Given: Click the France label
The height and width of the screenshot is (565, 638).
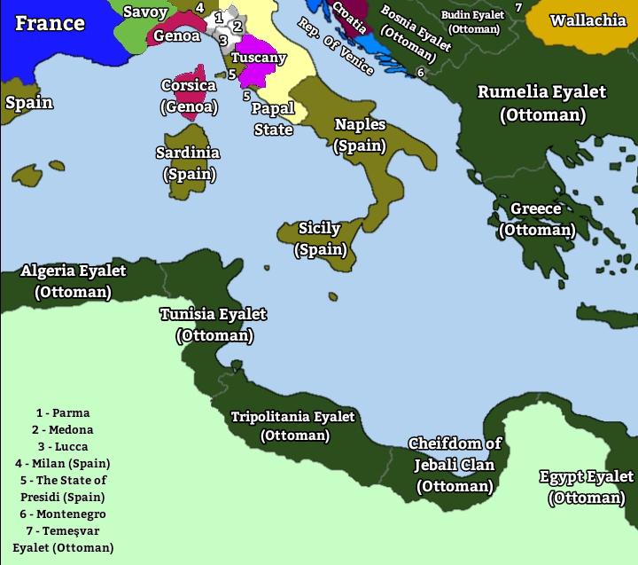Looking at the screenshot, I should click(50, 22).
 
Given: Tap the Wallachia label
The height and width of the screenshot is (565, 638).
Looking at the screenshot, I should click(587, 20).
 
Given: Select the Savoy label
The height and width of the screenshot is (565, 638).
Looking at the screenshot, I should click(145, 12).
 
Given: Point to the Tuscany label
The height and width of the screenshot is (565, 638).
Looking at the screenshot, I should click(259, 58).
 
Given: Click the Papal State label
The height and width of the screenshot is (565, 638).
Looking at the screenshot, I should click(273, 119).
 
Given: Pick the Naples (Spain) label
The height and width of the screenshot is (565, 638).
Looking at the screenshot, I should click(360, 135).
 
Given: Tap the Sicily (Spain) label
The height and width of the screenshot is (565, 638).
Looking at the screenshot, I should click(320, 239).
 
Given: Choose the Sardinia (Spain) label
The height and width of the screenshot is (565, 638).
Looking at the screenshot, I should click(188, 163).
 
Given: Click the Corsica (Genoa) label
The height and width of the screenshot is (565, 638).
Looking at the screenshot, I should click(189, 97).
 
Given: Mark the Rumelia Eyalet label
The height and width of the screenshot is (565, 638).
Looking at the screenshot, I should click(542, 103).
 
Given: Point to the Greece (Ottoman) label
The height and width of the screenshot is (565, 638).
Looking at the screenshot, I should click(536, 219).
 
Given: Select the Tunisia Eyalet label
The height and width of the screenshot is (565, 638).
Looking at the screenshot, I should click(214, 325).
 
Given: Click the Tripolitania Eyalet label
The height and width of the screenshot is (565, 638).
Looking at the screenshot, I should click(293, 426).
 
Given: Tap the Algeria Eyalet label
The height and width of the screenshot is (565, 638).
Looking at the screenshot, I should click(74, 281).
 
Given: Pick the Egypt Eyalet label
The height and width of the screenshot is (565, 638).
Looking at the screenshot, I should click(587, 487).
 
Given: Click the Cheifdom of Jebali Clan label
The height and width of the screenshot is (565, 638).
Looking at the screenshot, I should click(455, 465).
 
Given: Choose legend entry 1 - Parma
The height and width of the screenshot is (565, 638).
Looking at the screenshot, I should click(63, 412).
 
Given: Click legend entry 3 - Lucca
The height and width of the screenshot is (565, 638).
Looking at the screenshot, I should click(63, 446).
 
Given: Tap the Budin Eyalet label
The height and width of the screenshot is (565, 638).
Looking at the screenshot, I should click(472, 21).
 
